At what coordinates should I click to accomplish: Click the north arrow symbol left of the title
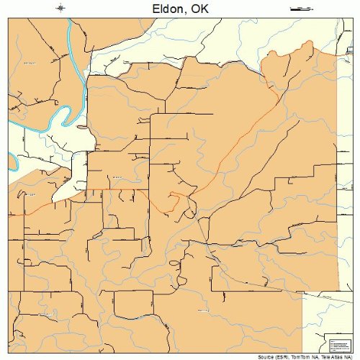point(61,8)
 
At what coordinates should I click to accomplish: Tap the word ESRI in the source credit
point(282,356)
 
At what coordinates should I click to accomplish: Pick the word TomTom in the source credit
point(299,356)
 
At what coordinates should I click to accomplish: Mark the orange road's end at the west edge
point(10,215)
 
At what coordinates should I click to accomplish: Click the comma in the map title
point(189,10)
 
